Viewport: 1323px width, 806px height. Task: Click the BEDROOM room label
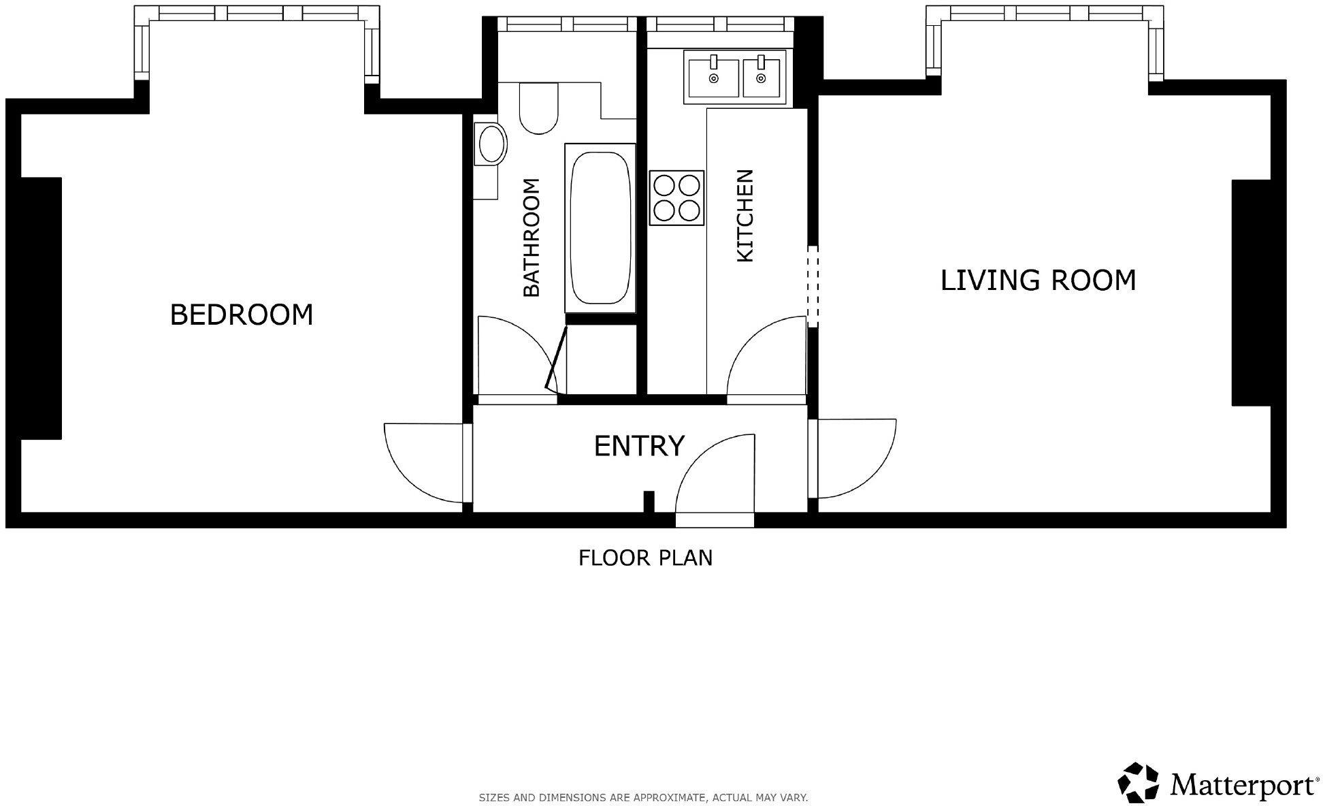[242, 315]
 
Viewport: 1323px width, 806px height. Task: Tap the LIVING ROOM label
[1038, 280]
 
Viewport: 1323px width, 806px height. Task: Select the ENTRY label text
[639, 446]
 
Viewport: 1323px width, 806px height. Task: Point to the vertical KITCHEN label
[745, 216]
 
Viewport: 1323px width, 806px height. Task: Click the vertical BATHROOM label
[531, 238]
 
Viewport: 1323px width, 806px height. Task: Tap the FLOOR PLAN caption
[645, 558]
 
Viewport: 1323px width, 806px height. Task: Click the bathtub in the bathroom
[600, 228]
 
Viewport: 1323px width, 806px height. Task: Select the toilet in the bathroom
[539, 108]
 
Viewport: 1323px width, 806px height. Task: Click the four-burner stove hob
[676, 197]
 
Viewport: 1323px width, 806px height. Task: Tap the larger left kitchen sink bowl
[713, 78]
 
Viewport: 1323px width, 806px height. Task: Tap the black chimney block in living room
[1251, 293]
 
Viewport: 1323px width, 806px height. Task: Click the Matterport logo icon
[1139, 783]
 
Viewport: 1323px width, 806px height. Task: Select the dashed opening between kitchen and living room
[813, 286]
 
